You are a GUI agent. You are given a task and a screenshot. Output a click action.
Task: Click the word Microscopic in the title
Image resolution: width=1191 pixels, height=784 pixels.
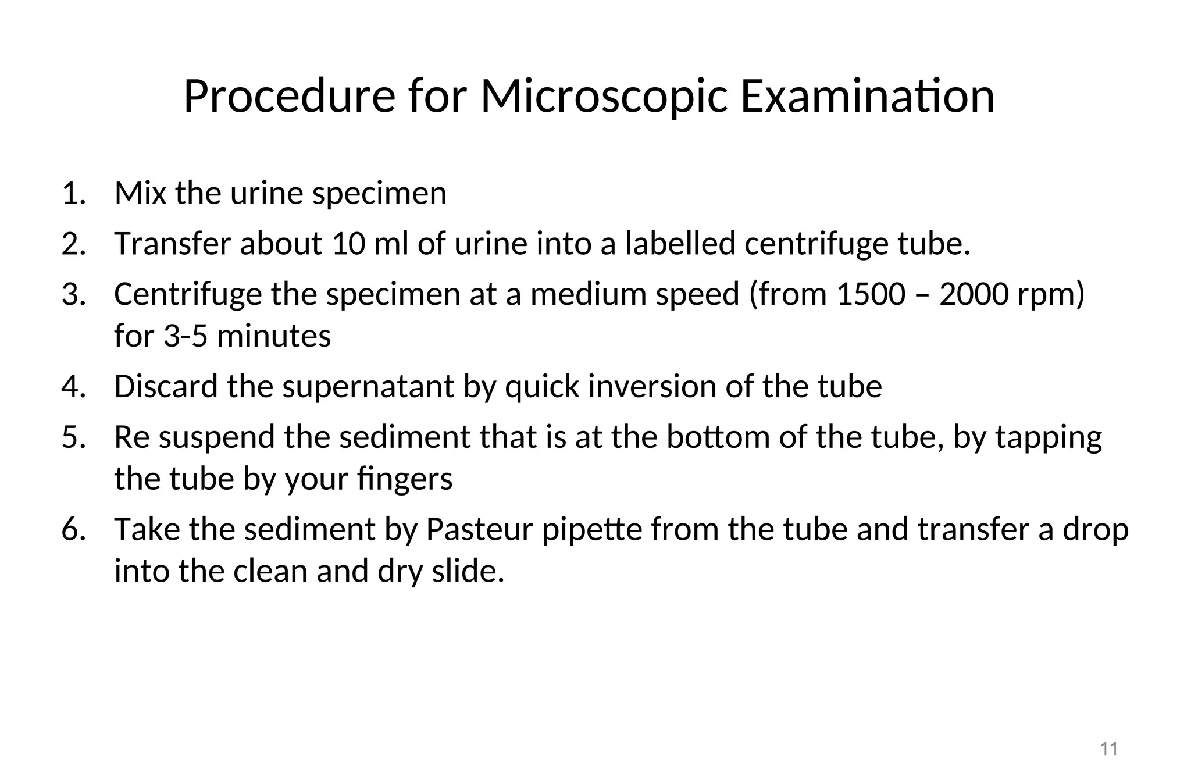click(604, 97)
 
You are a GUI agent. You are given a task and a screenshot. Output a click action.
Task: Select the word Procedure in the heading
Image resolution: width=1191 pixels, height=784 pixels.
click(290, 97)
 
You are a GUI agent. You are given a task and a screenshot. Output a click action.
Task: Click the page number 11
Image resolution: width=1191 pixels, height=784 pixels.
click(1109, 749)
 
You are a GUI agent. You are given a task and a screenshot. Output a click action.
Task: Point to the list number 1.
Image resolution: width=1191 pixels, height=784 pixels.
click(73, 193)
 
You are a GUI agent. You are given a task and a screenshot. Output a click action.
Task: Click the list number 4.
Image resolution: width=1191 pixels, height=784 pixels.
click(73, 387)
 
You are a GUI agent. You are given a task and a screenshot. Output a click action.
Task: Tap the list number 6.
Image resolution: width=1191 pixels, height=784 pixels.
click(73, 529)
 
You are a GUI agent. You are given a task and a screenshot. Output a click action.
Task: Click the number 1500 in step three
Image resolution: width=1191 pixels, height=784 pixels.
click(871, 294)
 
